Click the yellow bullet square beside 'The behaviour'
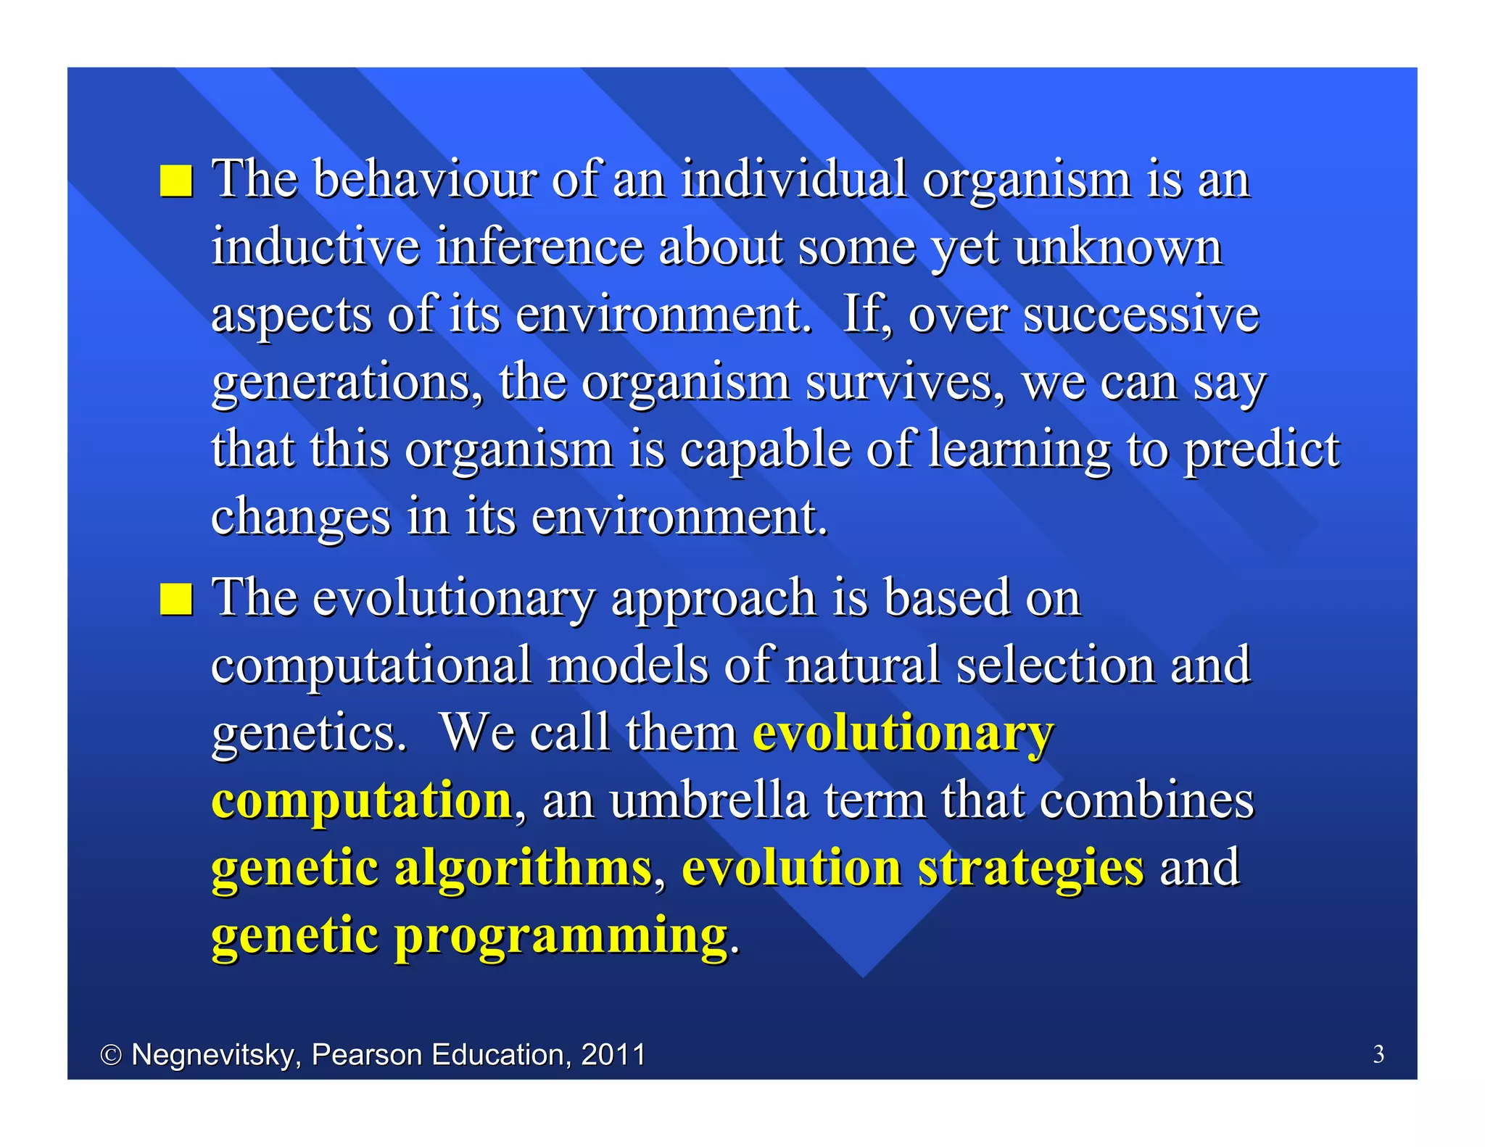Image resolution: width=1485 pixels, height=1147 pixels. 176,181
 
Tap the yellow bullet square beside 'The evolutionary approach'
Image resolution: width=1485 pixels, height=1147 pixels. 176,599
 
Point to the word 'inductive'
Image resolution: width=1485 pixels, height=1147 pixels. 315,247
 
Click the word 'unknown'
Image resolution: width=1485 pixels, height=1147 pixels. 1117,247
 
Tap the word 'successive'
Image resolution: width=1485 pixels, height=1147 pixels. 1141,314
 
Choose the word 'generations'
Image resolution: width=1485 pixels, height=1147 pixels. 347,382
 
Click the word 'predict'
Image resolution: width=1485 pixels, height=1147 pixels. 1262,450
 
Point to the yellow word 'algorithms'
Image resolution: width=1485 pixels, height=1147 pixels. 523,867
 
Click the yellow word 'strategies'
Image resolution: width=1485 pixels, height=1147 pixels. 1030,869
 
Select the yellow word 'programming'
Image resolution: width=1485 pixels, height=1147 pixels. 561,936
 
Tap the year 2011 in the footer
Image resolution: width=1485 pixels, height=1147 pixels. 613,1054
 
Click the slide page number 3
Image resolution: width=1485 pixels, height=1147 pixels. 1378,1054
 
